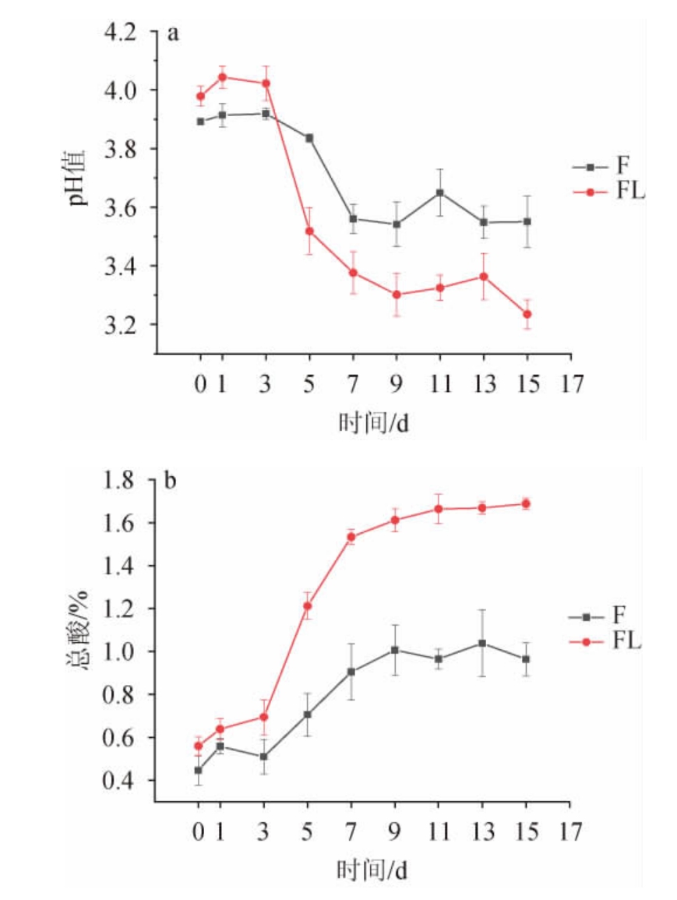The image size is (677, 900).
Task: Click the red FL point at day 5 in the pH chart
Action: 309,231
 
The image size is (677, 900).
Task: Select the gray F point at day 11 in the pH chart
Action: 440,192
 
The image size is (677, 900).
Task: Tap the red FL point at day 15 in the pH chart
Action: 527,314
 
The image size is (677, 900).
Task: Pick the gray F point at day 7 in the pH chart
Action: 353,219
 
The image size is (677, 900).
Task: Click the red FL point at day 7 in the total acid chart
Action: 351,537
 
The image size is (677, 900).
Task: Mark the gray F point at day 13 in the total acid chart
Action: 482,643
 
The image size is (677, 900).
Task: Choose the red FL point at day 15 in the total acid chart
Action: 526,503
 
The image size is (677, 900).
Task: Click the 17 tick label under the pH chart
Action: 571,383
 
